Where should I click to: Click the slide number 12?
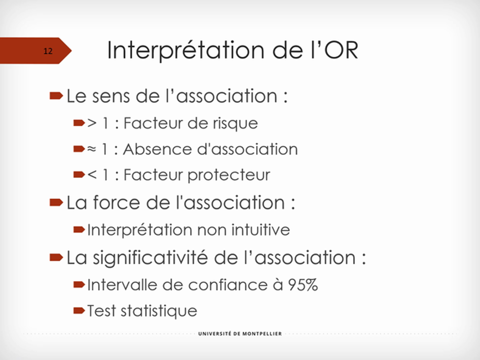pyautogui.click(x=48, y=51)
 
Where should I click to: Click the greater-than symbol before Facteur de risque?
pyautogui.click(x=91, y=123)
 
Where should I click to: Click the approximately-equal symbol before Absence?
pyautogui.click(x=91, y=149)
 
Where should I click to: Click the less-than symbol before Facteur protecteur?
pyautogui.click(x=91, y=175)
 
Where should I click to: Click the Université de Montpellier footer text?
pyautogui.click(x=239, y=333)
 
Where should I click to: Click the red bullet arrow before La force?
pyautogui.click(x=56, y=203)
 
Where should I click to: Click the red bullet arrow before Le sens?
pyautogui.click(x=56, y=95)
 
